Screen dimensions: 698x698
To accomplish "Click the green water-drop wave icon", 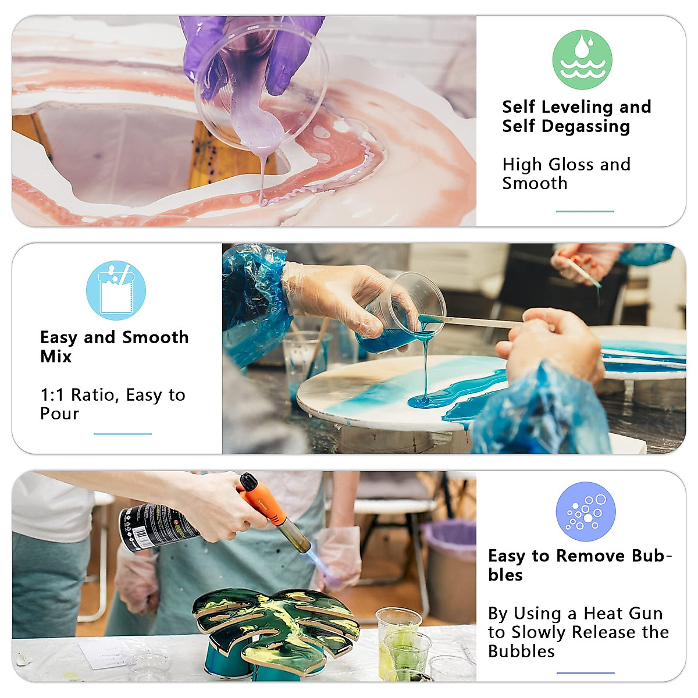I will (x=582, y=59).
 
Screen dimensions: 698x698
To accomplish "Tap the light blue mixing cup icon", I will (x=116, y=290).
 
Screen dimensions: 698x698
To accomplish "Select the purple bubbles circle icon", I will (x=585, y=511).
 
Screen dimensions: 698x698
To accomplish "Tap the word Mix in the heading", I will (x=56, y=356).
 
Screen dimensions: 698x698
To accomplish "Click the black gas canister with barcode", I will (x=154, y=526).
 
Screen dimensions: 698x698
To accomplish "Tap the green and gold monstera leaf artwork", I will (x=276, y=625).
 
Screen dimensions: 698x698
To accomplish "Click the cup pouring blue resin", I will (x=401, y=314).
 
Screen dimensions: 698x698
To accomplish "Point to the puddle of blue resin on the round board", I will (x=428, y=400).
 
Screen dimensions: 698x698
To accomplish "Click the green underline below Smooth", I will (x=585, y=211).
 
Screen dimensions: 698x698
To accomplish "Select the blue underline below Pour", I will (x=122, y=434).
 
